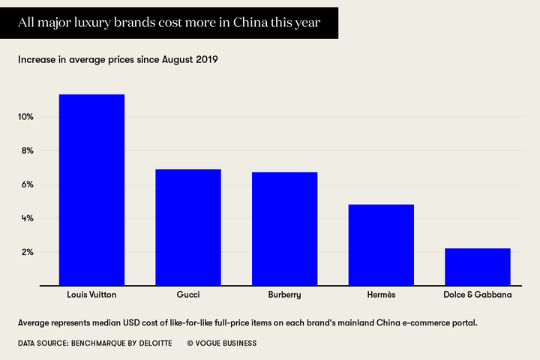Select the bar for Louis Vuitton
[x=91, y=190]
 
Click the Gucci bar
[x=188, y=227]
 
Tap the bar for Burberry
[x=284, y=229]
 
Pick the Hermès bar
[x=381, y=244]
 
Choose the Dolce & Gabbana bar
[x=478, y=266]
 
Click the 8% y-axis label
[x=28, y=151]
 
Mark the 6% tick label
[x=28, y=184]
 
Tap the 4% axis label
[x=28, y=218]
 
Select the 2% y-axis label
[x=28, y=252]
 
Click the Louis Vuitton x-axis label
[x=91, y=295]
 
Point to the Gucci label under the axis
[x=188, y=295]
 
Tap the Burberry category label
[x=284, y=295]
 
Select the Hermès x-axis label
[x=381, y=295]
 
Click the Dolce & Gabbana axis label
[x=478, y=295]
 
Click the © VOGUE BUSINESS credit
[x=221, y=343]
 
